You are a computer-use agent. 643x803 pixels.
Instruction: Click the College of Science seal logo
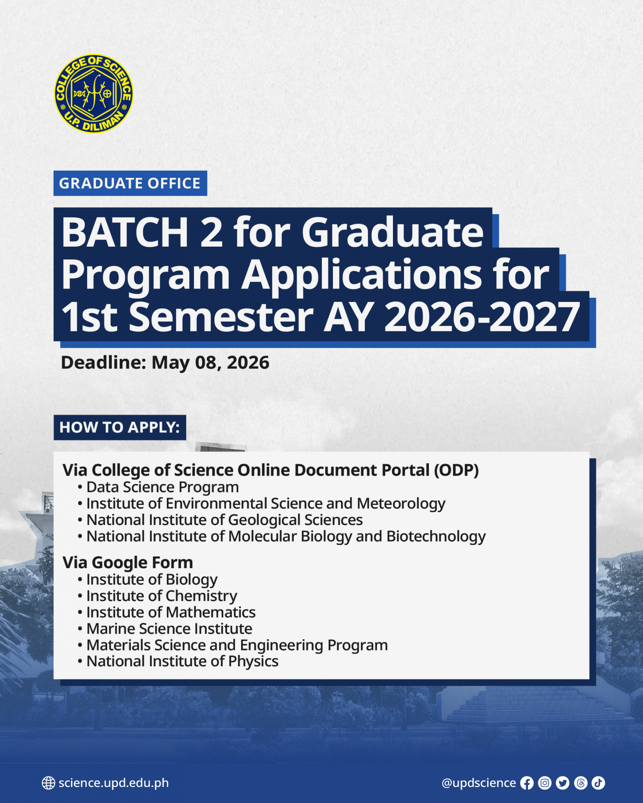click(93, 94)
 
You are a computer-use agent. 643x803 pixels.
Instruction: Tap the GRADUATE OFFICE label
click(130, 183)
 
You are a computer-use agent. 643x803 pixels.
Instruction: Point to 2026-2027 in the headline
click(482, 317)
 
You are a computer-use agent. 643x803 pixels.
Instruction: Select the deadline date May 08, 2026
click(210, 362)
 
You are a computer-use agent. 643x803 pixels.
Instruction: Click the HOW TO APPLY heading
click(120, 427)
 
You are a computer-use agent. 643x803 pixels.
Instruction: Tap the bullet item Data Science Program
click(163, 487)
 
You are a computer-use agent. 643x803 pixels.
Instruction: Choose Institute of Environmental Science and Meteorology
click(266, 503)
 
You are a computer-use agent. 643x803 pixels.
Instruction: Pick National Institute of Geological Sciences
click(225, 520)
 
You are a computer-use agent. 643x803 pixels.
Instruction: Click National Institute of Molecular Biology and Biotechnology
click(286, 536)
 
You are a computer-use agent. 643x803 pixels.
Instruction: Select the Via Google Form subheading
click(128, 563)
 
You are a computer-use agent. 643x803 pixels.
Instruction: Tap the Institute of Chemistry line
click(162, 596)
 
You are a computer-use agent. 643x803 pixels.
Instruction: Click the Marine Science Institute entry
click(169, 629)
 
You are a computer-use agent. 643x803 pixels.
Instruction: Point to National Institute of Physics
click(183, 661)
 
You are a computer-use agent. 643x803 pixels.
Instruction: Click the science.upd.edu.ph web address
click(114, 783)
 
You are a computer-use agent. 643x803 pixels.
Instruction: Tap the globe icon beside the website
click(48, 783)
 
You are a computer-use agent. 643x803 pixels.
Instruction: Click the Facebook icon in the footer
click(527, 783)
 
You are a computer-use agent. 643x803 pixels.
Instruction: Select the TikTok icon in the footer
click(598, 783)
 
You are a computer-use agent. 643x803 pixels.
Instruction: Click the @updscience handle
click(479, 783)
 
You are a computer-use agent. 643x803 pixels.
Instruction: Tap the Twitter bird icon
click(563, 783)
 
